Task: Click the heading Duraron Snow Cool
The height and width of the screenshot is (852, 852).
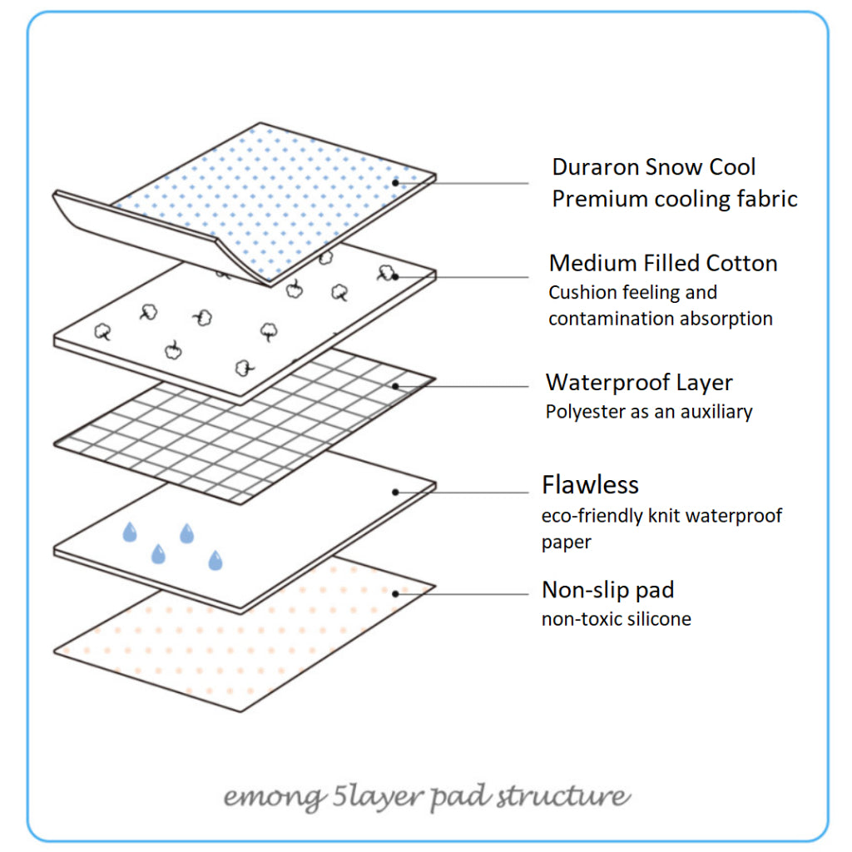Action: pyautogui.click(x=653, y=167)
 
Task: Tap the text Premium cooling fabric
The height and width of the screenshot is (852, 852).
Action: pyautogui.click(x=675, y=199)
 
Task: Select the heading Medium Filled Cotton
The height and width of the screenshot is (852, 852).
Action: pyautogui.click(x=663, y=264)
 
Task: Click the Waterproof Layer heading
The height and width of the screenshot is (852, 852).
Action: pyautogui.click(x=639, y=383)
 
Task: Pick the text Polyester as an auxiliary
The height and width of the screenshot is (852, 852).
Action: pyautogui.click(x=649, y=412)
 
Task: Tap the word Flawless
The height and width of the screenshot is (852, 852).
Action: pyautogui.click(x=590, y=485)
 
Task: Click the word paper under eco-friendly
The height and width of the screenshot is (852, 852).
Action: pyautogui.click(x=566, y=542)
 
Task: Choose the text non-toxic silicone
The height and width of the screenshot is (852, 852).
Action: pyautogui.click(x=616, y=619)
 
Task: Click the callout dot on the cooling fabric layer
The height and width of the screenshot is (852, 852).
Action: pyautogui.click(x=396, y=182)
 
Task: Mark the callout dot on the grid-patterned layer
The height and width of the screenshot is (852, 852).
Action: pyautogui.click(x=396, y=386)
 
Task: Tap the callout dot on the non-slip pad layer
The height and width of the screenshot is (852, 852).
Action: pyautogui.click(x=396, y=593)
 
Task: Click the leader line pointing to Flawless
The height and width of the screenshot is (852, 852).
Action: pyautogui.click(x=466, y=493)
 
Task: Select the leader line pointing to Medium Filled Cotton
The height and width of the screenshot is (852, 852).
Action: pyautogui.click(x=466, y=277)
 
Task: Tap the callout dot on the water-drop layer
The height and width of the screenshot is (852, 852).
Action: pyautogui.click(x=396, y=492)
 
